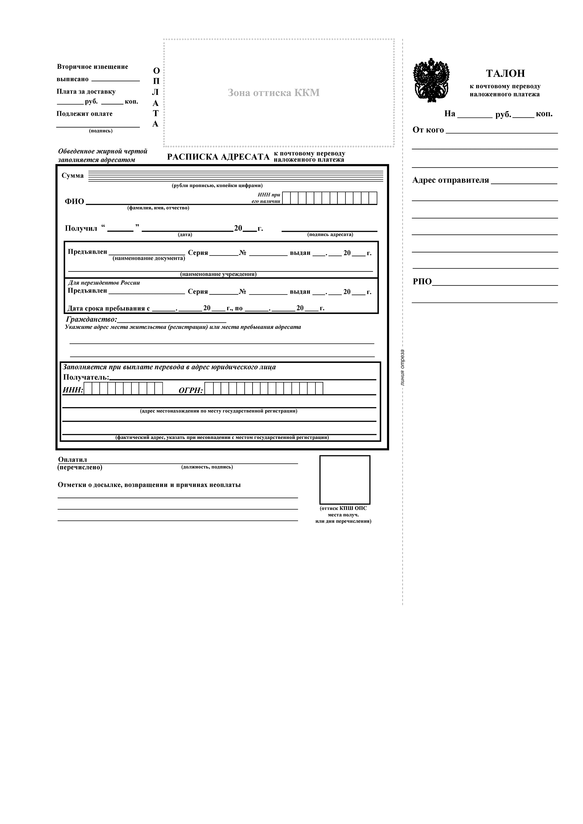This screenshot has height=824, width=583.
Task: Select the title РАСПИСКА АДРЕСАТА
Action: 218,157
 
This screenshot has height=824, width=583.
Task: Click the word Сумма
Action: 73,175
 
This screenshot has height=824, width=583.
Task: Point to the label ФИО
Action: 74,201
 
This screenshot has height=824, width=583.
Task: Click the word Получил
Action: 81,228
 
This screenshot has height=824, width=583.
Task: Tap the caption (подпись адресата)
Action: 330,234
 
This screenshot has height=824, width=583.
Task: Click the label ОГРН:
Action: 191,390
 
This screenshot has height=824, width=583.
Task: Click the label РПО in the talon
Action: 422,281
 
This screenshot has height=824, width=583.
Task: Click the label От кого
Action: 428,130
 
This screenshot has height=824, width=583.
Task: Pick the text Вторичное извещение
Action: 92,67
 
